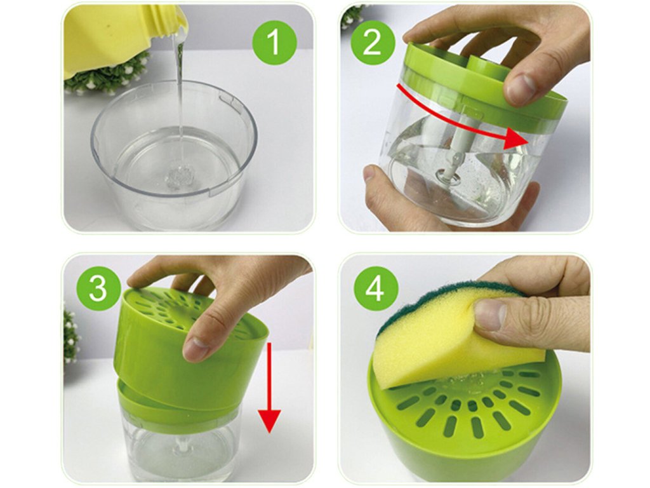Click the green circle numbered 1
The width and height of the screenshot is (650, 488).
tap(274, 42)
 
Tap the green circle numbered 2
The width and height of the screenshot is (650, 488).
tap(372, 42)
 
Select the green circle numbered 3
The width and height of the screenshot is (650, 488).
tap(98, 288)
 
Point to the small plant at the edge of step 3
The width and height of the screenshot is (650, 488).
tap(70, 336)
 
